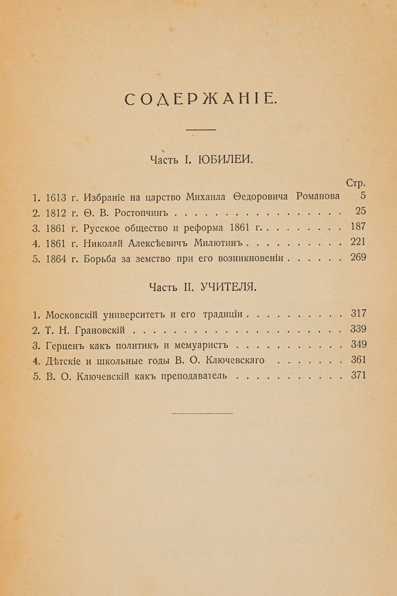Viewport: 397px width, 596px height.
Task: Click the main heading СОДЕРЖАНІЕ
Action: [198, 100]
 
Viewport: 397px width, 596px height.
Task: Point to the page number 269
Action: [358, 257]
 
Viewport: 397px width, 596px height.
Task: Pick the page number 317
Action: [358, 313]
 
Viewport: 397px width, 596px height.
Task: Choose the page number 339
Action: [358, 329]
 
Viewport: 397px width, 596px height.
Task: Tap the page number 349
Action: [358, 344]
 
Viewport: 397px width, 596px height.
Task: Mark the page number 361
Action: [358, 360]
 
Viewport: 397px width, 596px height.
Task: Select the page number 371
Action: [358, 375]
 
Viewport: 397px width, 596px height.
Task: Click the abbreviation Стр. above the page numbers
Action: [355, 183]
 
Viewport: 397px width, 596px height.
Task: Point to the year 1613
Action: [56, 197]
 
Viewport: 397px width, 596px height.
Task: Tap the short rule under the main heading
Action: [200, 130]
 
